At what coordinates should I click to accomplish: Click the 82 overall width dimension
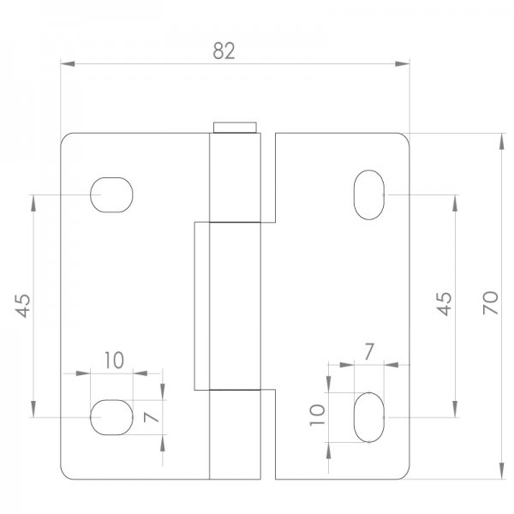(224, 51)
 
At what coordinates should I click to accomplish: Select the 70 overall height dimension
(491, 302)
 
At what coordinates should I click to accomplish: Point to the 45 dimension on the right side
(443, 303)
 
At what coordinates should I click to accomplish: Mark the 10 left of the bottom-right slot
(317, 416)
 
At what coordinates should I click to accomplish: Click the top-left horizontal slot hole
(112, 194)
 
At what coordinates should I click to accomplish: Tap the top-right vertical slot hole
(369, 194)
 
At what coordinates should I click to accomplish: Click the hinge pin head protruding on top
(235, 128)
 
